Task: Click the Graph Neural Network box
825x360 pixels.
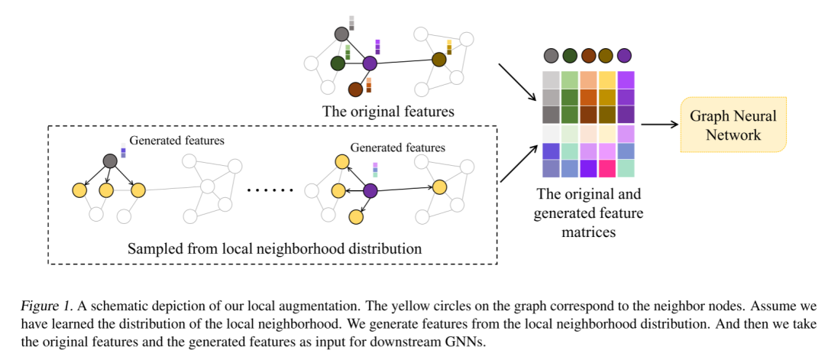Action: point(733,125)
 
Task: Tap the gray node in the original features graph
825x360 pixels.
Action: point(341,34)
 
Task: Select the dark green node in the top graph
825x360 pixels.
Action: point(337,63)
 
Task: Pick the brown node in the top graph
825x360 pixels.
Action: point(355,89)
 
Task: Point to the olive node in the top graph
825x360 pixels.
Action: point(438,59)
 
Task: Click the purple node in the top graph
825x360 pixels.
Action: point(370,63)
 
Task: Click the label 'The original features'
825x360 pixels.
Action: point(388,112)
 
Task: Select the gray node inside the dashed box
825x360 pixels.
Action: point(110,161)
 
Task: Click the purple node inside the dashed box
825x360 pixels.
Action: point(370,191)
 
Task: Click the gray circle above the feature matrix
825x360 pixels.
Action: point(551,55)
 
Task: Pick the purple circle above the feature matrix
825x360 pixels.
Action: point(624,55)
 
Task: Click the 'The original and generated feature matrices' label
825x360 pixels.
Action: point(588,212)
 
